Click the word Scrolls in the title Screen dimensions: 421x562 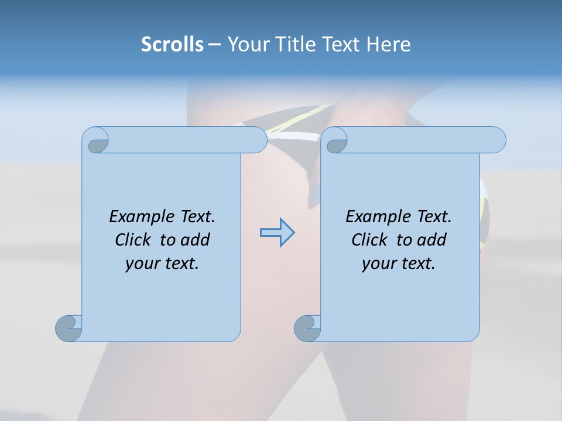pyautogui.click(x=172, y=44)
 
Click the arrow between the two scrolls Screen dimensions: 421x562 pyautogui.click(x=277, y=233)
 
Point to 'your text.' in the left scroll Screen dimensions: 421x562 pyautogui.click(x=162, y=264)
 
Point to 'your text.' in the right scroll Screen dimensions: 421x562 pyautogui.click(x=399, y=264)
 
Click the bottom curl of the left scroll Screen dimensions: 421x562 pyautogui.click(x=68, y=329)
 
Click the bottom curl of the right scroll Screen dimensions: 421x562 pyautogui.click(x=307, y=329)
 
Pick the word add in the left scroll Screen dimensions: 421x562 pyautogui.click(x=196, y=240)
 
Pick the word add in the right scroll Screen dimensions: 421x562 pyautogui.click(x=432, y=240)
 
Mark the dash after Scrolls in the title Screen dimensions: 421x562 pyautogui.click(x=215, y=44)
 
